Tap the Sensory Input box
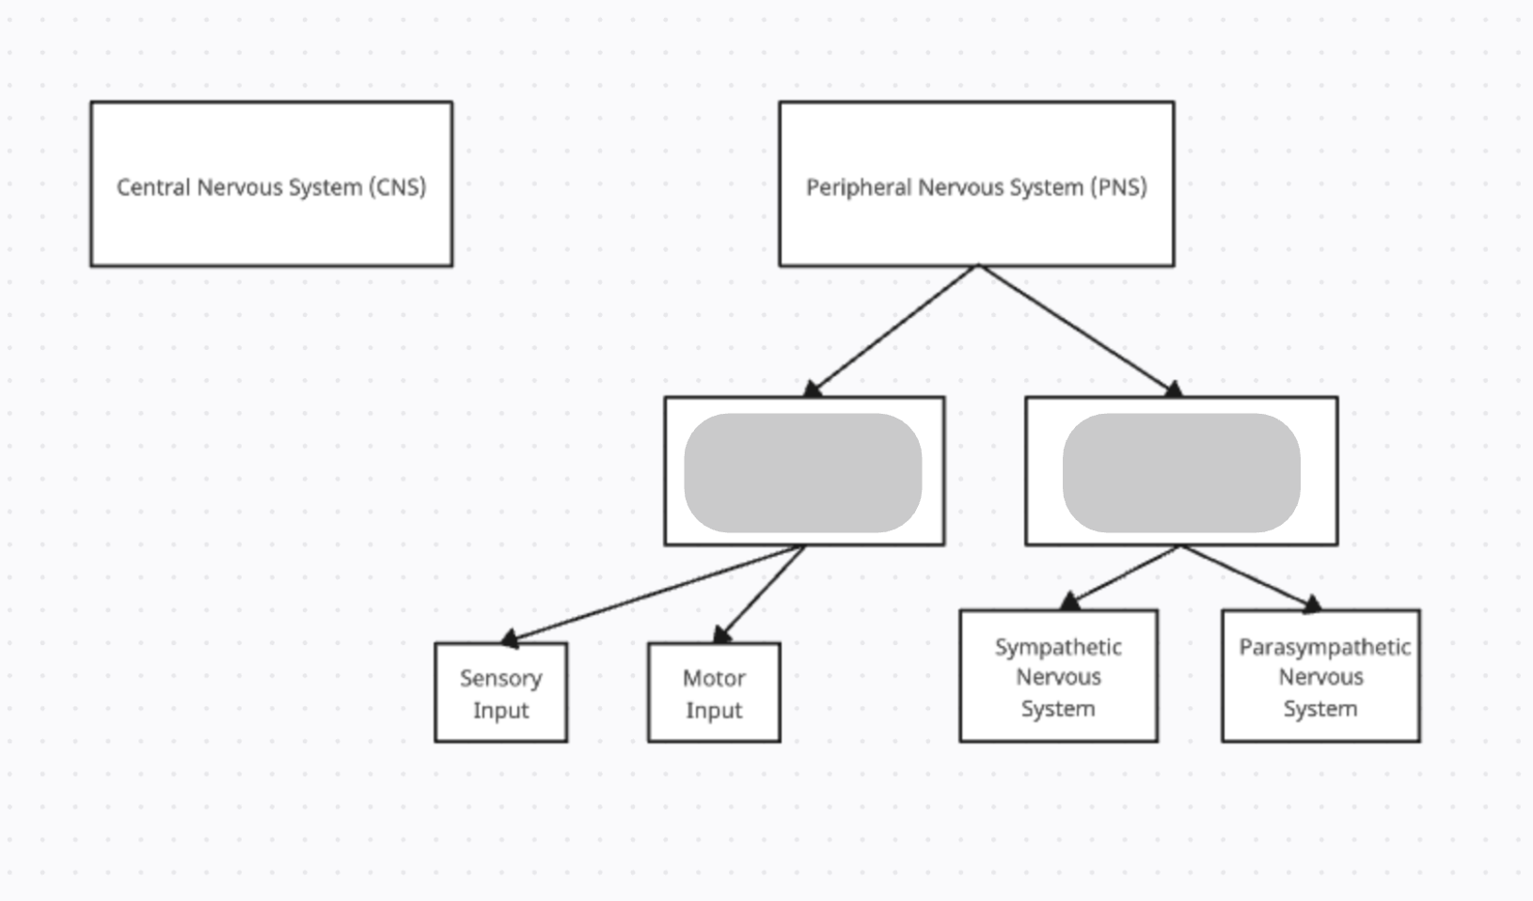point(500,693)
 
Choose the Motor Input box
point(714,693)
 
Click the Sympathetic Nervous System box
point(1058,676)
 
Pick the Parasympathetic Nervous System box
point(1320,676)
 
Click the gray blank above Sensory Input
point(802,473)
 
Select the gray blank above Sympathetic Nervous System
point(1181,473)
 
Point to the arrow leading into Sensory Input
point(653,593)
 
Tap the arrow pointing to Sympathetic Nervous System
point(1123,575)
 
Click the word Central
point(153,187)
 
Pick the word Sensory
point(500,678)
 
